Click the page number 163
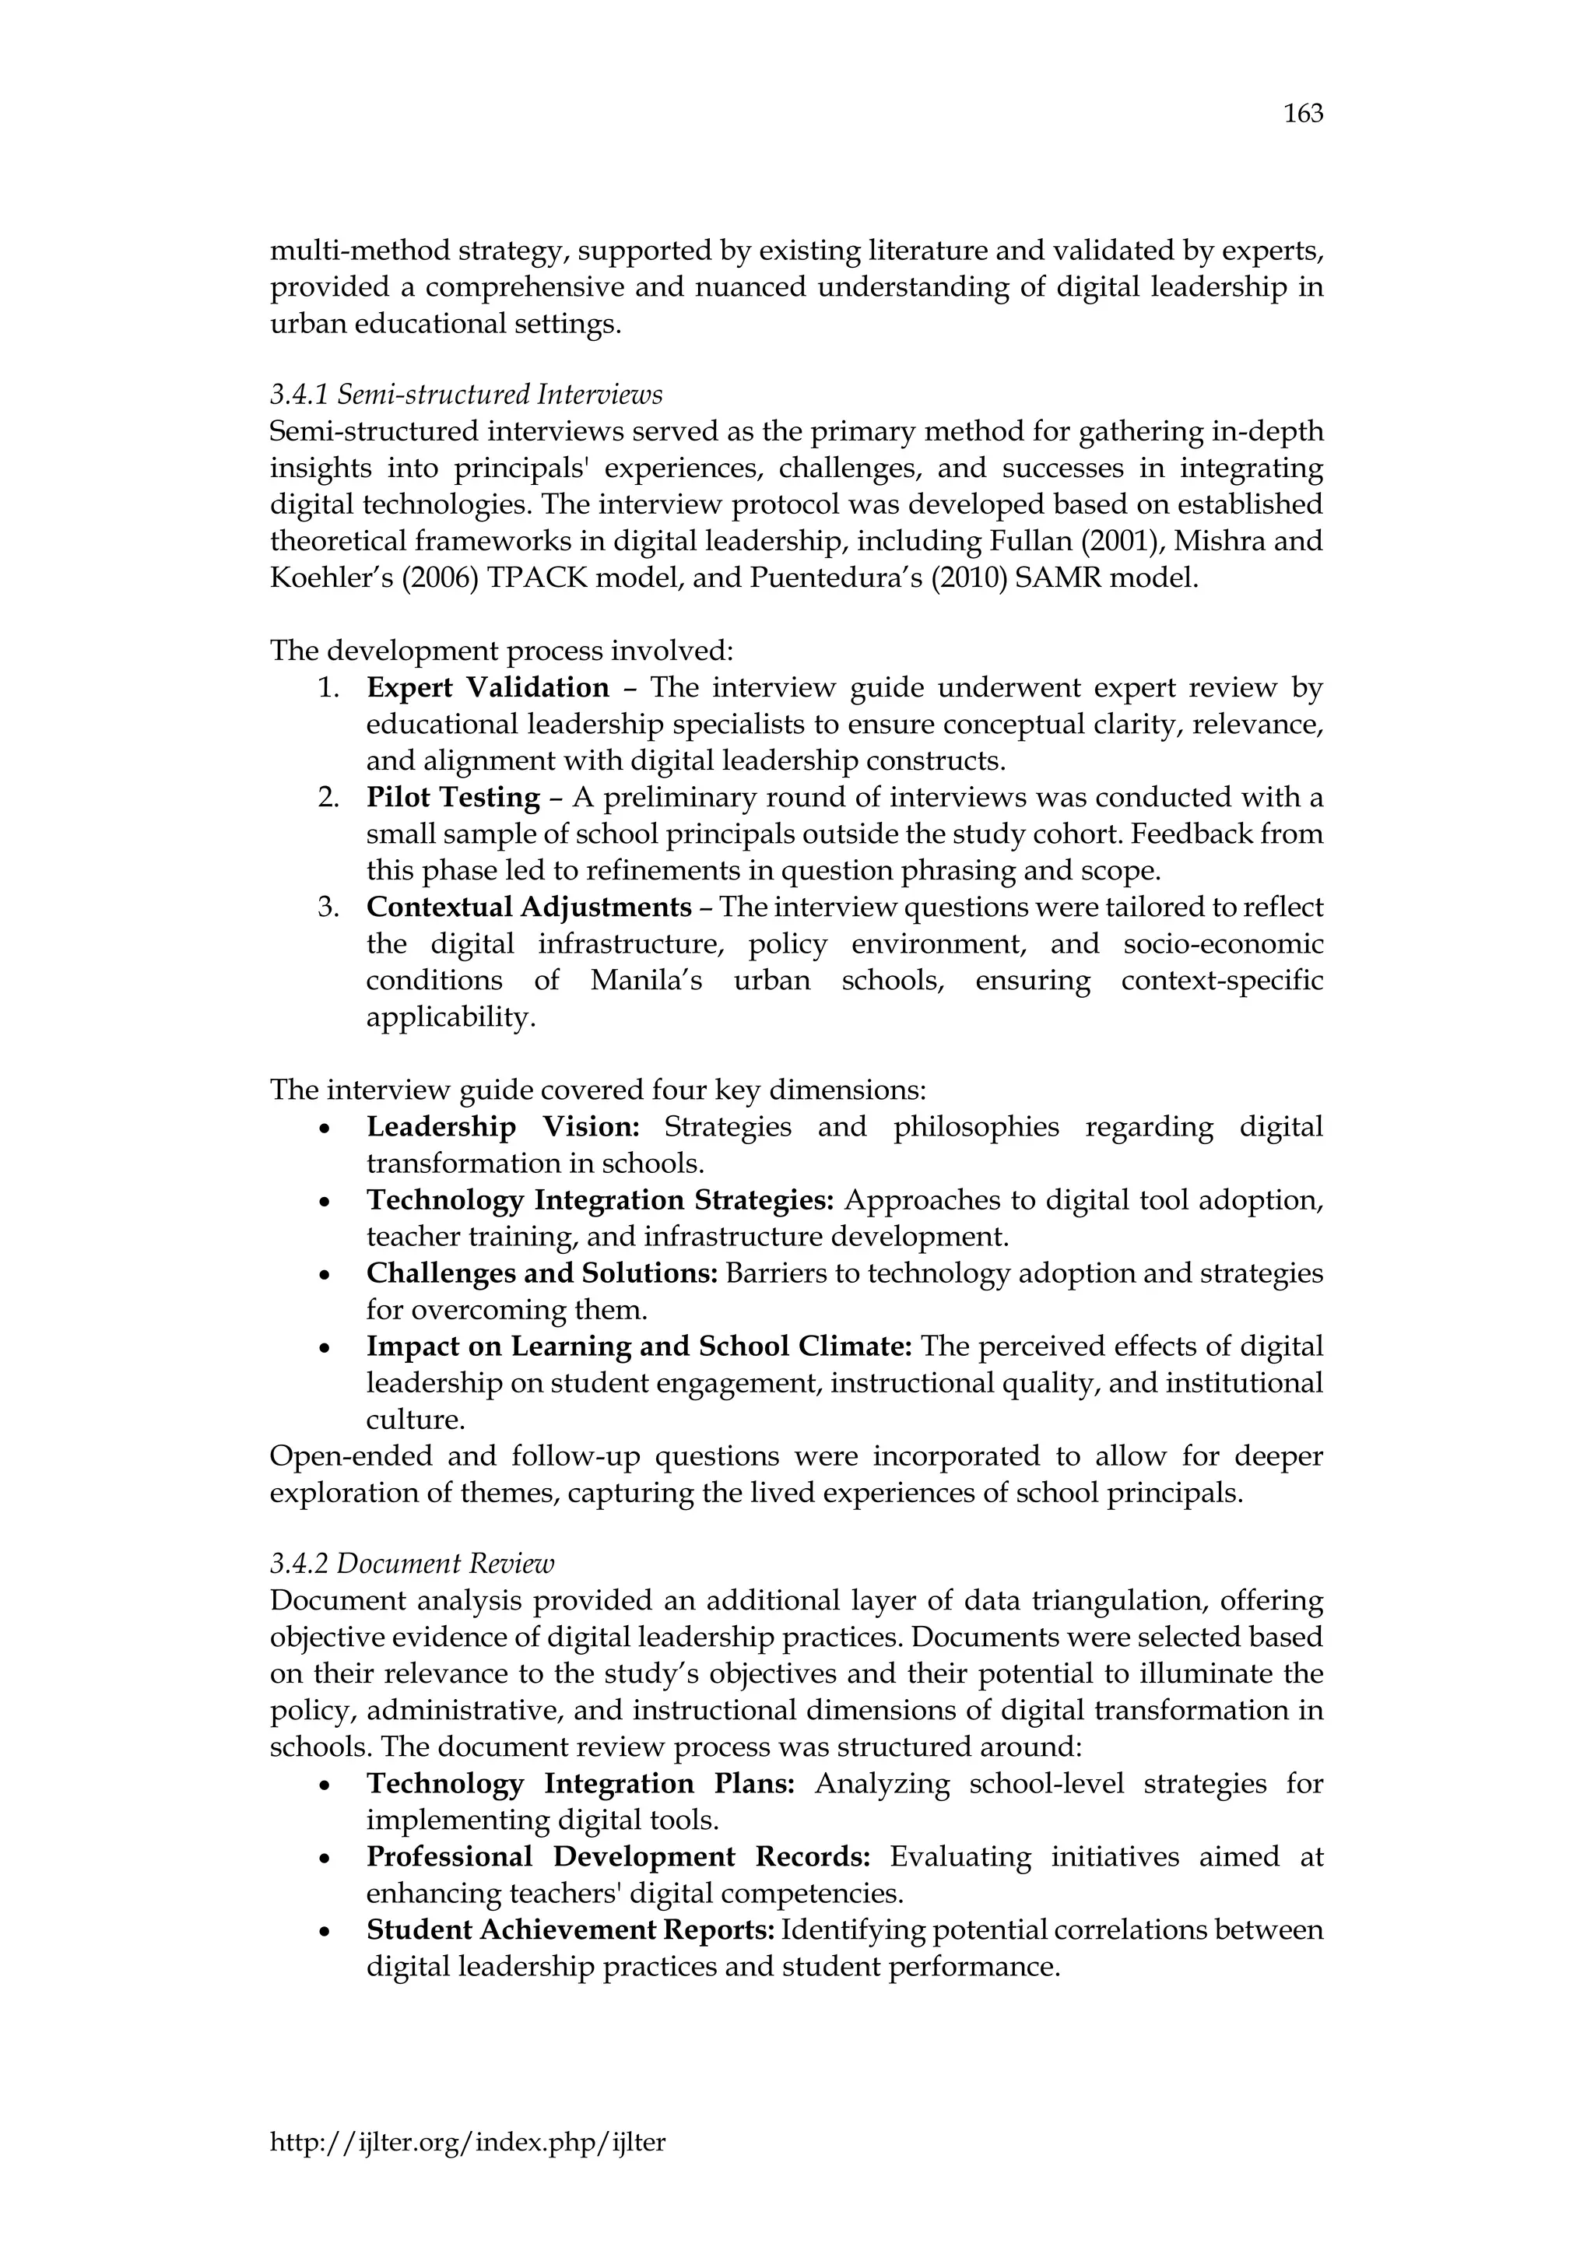(x=1304, y=114)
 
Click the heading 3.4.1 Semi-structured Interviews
(x=466, y=395)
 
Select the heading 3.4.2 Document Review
(x=413, y=1563)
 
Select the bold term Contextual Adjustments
(x=529, y=907)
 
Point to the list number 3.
(x=328, y=907)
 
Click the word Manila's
(x=646, y=981)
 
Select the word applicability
(x=451, y=1017)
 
